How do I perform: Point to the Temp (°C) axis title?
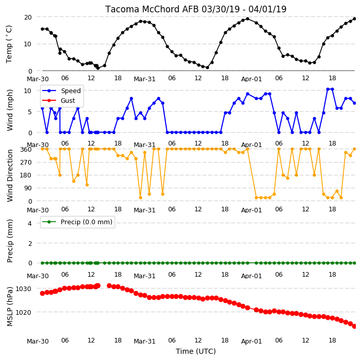pyautogui.click(x=9, y=44)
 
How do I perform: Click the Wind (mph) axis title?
pyautogui.click(x=10, y=110)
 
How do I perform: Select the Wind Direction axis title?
pyautogui.click(x=10, y=176)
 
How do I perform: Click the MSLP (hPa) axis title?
pyautogui.click(x=10, y=307)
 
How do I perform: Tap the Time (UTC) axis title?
pyautogui.click(x=196, y=351)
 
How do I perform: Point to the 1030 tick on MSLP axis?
pyautogui.click(x=23, y=289)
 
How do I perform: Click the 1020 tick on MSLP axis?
pyautogui.click(x=23, y=312)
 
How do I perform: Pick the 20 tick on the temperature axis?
pyautogui.click(x=28, y=17)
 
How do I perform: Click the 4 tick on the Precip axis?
pyautogui.click(x=30, y=223)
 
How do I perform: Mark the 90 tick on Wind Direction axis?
pyautogui.click(x=28, y=188)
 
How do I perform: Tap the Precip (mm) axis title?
pyautogui.click(x=10, y=241)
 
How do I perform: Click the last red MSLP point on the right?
pyautogui.click(x=355, y=326)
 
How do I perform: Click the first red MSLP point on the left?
pyautogui.click(x=42, y=293)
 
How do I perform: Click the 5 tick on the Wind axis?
pyautogui.click(x=30, y=112)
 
